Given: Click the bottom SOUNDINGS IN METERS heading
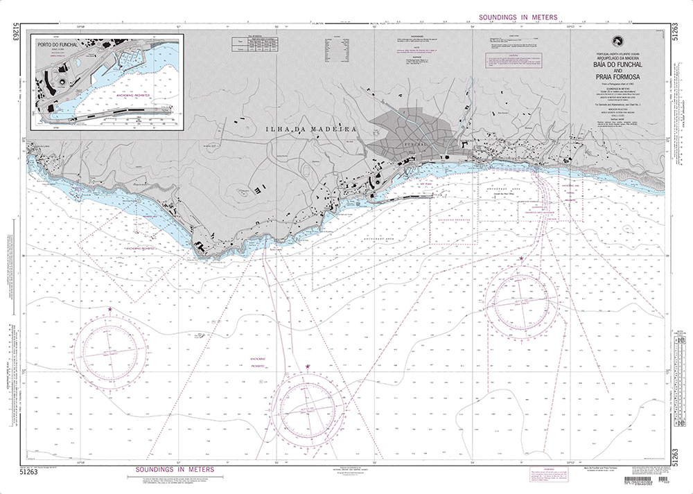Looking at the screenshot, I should coord(171,469).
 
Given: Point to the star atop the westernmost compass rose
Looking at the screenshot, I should coord(109,309).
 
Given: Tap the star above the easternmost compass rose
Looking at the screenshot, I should coord(521,259).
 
